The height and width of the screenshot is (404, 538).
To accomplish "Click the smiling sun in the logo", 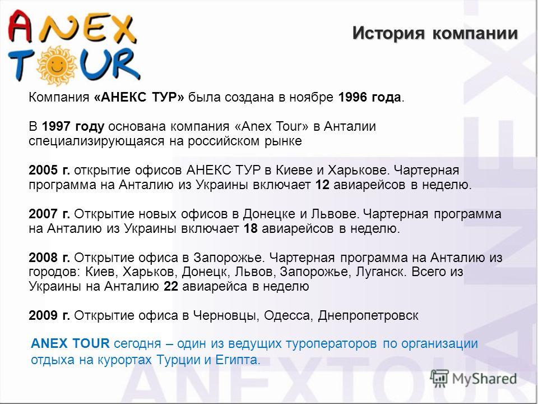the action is pos(57,65).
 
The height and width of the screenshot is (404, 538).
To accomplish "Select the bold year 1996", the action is pos(353,97).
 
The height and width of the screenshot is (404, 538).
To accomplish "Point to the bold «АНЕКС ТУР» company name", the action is pos(139,97).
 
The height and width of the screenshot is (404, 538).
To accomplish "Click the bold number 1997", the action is pos(56,126).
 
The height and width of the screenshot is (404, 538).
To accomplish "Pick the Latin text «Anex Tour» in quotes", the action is pos(272,126).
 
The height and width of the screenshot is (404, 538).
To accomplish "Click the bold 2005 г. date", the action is pos(49,170).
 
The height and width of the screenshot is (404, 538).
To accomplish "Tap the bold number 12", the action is pos(322,185).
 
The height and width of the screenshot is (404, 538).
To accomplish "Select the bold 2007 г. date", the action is pos(49,214).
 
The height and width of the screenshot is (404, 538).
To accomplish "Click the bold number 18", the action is pos(251,228).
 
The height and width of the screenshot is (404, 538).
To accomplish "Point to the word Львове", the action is pos(335,214).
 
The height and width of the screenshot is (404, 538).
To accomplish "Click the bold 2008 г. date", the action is pos(49,258).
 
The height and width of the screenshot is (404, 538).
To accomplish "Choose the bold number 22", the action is pos(171,286).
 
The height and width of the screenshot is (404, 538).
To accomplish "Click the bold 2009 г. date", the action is pos(49,315).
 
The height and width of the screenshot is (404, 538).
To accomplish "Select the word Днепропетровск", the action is pos(368,316).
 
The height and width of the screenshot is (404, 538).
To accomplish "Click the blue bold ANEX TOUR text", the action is pos(70,343).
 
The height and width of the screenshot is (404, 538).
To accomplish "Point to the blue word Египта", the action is pos(238,360).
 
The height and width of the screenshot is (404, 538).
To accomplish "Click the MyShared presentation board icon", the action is pos(439,379).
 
